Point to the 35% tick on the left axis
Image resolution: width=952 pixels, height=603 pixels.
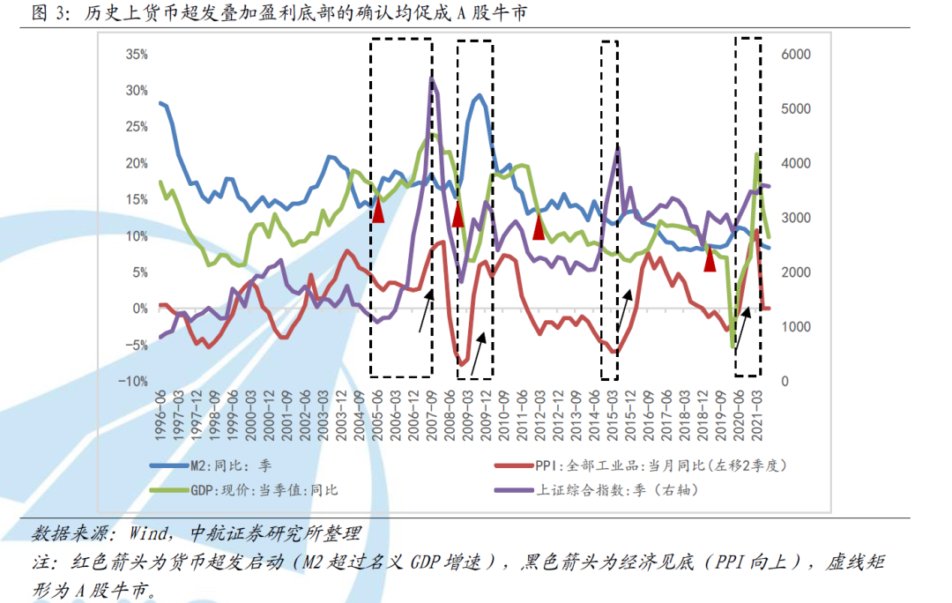coord(137,55)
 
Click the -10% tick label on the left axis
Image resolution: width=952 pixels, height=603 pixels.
coord(135,381)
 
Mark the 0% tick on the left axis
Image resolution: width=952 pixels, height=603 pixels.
coord(140,309)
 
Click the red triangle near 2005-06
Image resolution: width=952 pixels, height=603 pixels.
coord(378,211)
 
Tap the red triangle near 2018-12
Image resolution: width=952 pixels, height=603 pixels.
coord(710,259)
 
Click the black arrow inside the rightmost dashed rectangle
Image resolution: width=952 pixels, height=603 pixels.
coord(743,325)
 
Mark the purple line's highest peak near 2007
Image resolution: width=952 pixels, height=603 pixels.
coord(433,79)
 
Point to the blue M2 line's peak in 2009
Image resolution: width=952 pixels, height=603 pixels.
coord(480,95)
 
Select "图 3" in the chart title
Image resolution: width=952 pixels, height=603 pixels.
coord(44,12)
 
